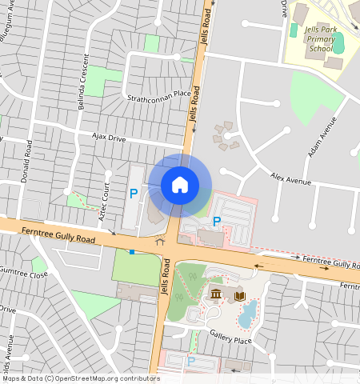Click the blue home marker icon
180,185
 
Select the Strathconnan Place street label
159,95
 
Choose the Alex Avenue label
290,178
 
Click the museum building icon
216,297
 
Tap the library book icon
239,297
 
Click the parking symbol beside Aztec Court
134,193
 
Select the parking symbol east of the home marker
216,221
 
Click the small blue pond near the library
249,311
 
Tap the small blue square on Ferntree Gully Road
132,251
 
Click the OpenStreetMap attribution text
80,378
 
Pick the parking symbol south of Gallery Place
190,361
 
